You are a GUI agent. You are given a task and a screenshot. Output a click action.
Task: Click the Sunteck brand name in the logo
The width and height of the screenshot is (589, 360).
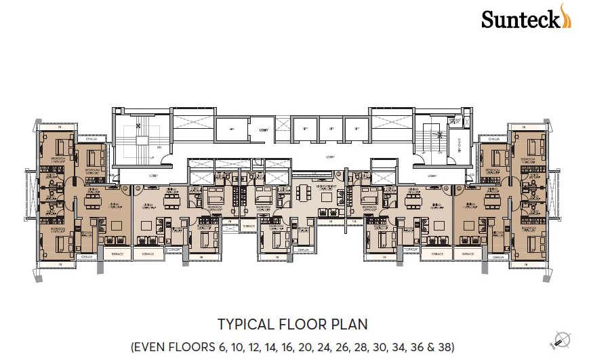tap(519, 19)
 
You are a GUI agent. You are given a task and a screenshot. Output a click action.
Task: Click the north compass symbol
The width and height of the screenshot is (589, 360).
tap(561, 339)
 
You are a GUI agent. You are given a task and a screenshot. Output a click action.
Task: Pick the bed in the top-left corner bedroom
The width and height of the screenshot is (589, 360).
tap(62, 146)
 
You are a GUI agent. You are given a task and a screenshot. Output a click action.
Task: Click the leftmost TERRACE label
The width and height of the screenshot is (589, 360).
tap(114, 254)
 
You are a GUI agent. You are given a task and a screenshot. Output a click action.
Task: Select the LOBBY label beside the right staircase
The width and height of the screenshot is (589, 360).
tap(432, 175)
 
